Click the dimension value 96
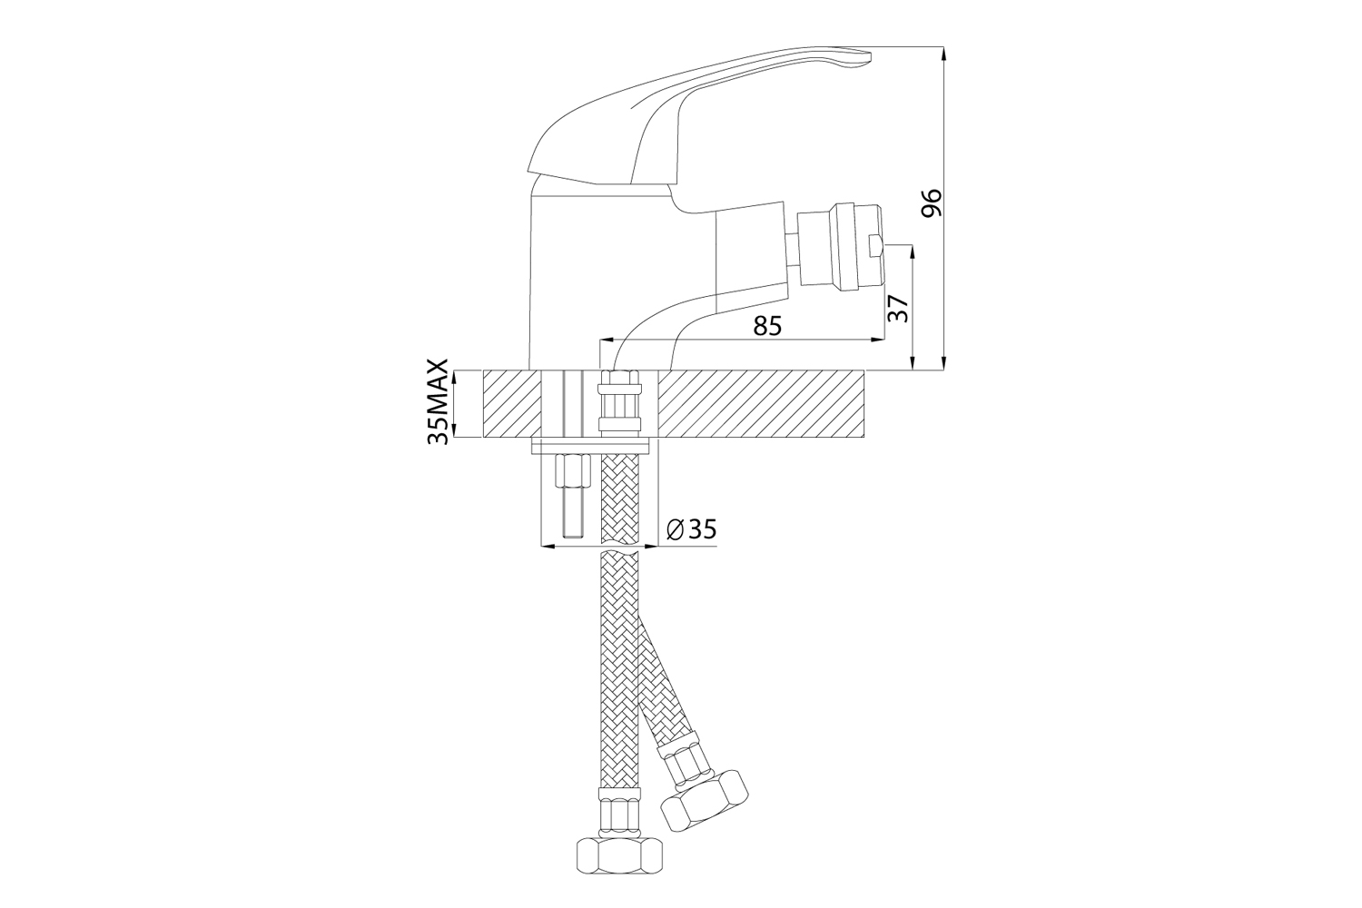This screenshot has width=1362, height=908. pyautogui.click(x=931, y=202)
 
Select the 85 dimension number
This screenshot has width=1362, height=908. pyautogui.click(x=767, y=327)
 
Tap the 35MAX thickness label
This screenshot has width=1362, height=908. pyautogui.click(x=439, y=402)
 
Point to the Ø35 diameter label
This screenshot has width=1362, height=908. pyautogui.click(x=691, y=530)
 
